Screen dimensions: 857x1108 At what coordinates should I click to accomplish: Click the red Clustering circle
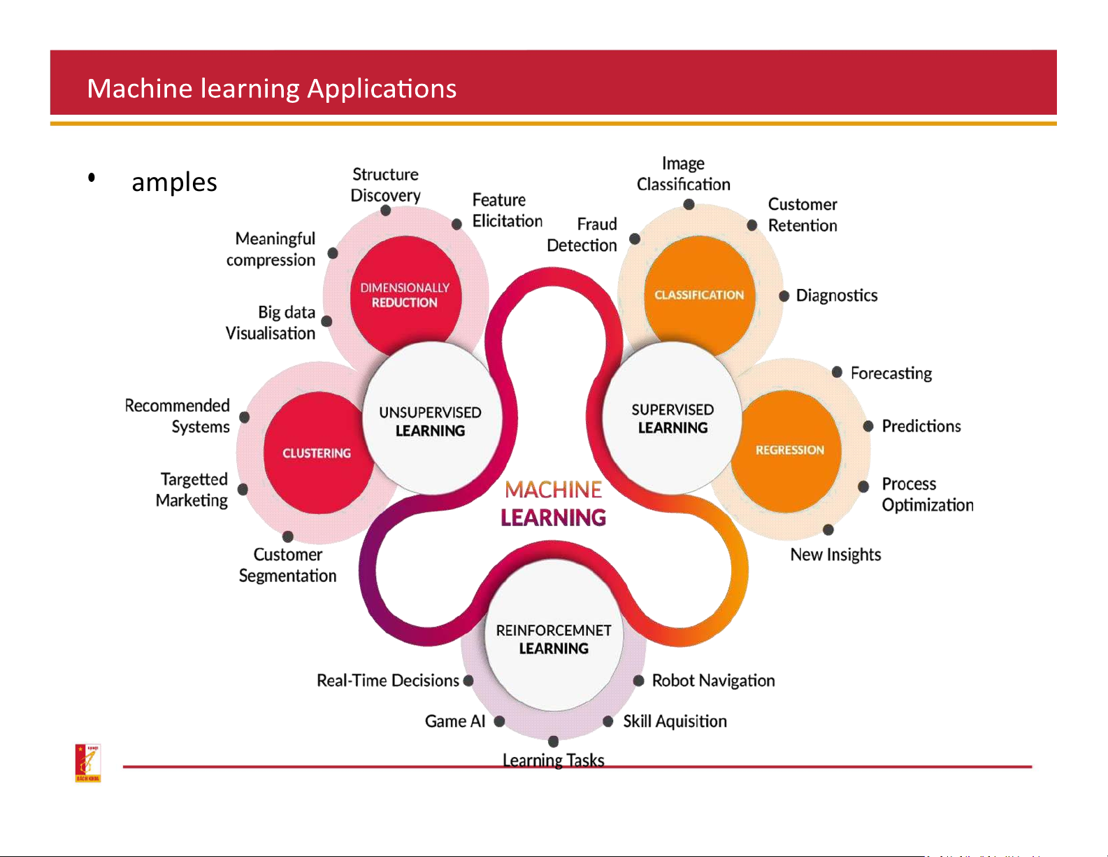pyautogui.click(x=317, y=453)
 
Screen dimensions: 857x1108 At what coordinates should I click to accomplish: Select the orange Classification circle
pyautogui.click(x=699, y=295)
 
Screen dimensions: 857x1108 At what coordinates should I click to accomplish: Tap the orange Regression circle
pyautogui.click(x=789, y=450)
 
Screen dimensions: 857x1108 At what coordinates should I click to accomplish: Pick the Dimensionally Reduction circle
pyautogui.click(x=405, y=295)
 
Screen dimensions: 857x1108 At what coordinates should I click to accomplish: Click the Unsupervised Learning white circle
pyautogui.click(x=430, y=420)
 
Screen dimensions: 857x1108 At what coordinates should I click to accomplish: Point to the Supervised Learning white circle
pyautogui.click(x=672, y=418)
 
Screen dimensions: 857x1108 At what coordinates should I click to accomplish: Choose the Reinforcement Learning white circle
pyautogui.click(x=553, y=639)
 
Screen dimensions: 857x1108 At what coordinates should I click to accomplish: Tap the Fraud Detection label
pyautogui.click(x=582, y=234)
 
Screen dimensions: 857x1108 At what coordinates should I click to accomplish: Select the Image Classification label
pyautogui.click(x=683, y=173)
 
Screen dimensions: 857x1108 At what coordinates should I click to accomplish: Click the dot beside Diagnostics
pyautogui.click(x=784, y=296)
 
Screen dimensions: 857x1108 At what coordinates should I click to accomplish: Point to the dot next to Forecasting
pyautogui.click(x=837, y=372)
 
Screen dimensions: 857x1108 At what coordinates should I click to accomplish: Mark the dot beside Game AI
pyautogui.click(x=499, y=721)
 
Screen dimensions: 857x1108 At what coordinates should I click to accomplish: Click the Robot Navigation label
pyautogui.click(x=713, y=681)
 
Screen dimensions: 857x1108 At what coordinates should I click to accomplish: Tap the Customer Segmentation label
pyautogui.click(x=287, y=565)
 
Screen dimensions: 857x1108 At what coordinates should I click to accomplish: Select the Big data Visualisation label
pyautogui.click(x=271, y=323)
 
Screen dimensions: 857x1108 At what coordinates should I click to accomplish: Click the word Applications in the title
pyautogui.click(x=382, y=89)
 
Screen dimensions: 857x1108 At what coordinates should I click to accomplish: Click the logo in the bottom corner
pyautogui.click(x=88, y=763)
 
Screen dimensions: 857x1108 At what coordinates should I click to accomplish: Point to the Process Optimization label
pyautogui.click(x=927, y=494)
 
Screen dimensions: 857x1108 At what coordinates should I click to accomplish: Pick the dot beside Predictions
pyautogui.click(x=868, y=426)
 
